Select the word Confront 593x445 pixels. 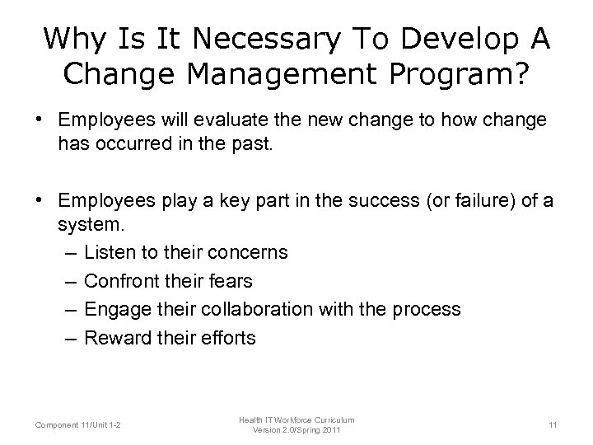point(121,281)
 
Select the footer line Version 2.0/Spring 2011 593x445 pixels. point(296,429)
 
